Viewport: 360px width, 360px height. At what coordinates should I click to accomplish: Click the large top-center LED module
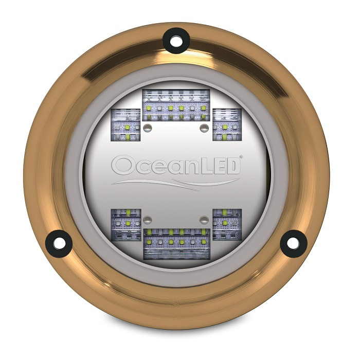coord(175,105)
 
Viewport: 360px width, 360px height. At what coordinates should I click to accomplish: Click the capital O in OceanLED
coord(123,166)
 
